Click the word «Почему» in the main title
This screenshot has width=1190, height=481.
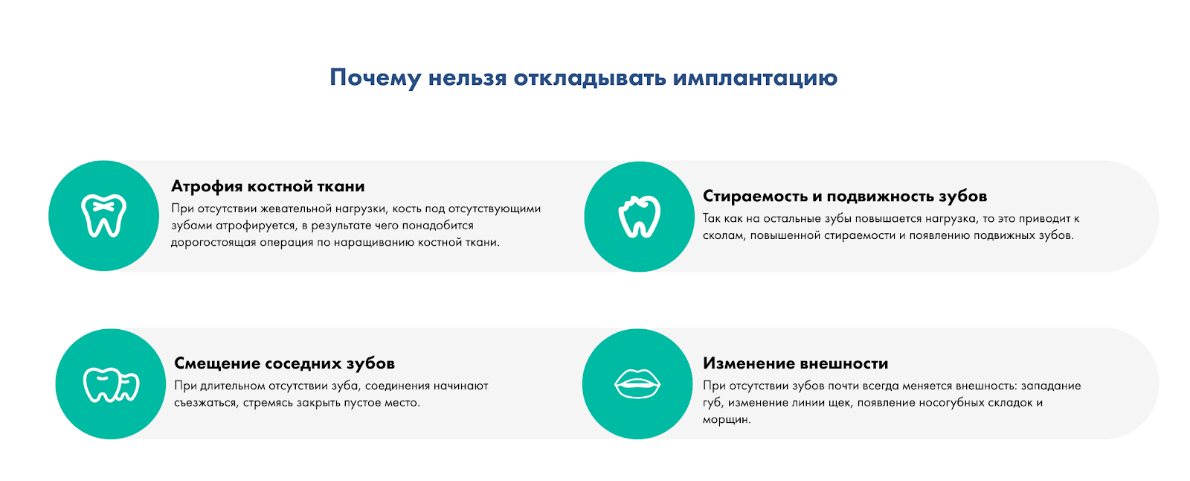point(376,78)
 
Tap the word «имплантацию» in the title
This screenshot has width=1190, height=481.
point(755,78)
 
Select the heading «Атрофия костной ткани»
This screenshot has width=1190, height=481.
point(268,186)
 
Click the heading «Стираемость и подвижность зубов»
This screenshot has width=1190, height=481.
point(845,196)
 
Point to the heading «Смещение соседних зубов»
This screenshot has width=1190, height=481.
point(284,363)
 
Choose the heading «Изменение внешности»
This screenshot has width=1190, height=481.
point(795,363)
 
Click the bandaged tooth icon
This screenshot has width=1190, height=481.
point(103,216)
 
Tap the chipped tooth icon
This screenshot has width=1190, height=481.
point(639,217)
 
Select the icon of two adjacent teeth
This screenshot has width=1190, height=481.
point(111,384)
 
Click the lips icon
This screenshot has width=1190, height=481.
point(637,384)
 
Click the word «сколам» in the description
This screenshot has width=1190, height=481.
point(724,236)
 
